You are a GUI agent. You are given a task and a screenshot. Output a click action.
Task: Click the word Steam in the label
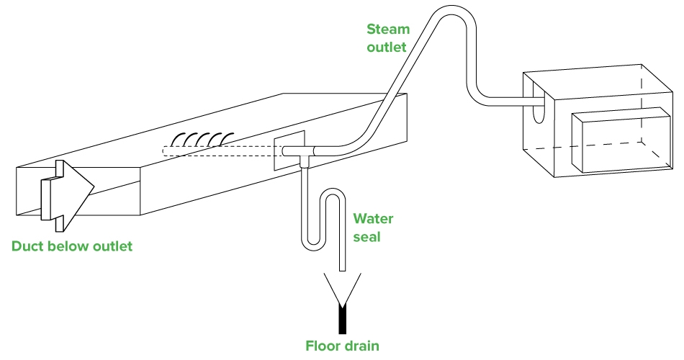pyautogui.click(x=387, y=30)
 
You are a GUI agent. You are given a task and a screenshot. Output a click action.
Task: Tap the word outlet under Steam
pyautogui.click(x=387, y=48)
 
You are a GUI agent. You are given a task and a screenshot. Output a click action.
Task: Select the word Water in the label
pyautogui.click(x=373, y=219)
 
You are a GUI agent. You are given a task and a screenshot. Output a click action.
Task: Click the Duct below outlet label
pyautogui.click(x=72, y=247)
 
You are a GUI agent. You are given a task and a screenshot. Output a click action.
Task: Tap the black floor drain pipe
pyautogui.click(x=342, y=316)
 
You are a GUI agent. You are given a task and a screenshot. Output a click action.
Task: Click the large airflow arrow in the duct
pyautogui.click(x=68, y=191)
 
